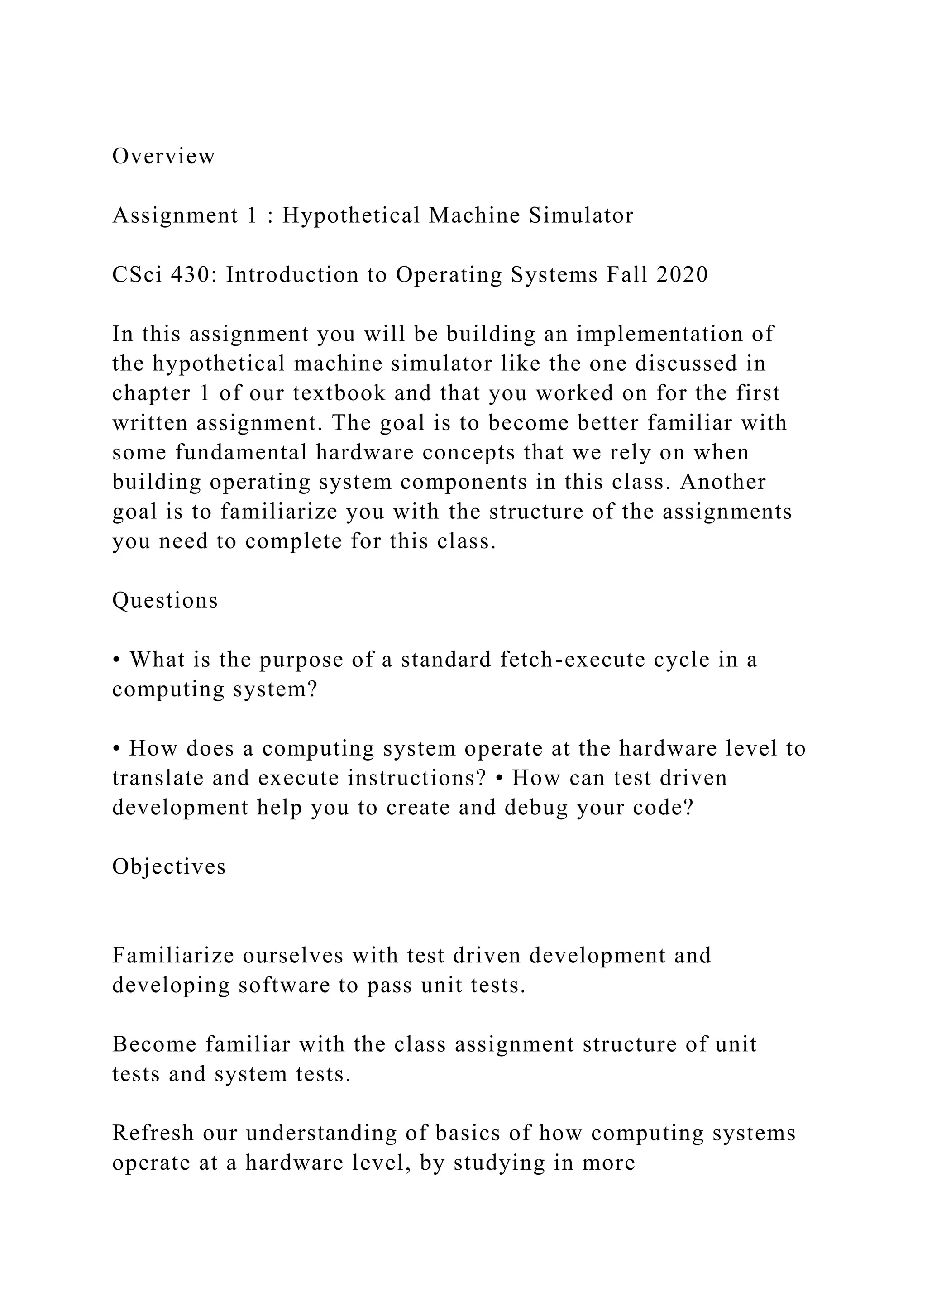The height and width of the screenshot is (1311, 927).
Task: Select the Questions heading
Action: pos(165,601)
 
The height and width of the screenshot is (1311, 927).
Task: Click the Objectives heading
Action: pos(169,867)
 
